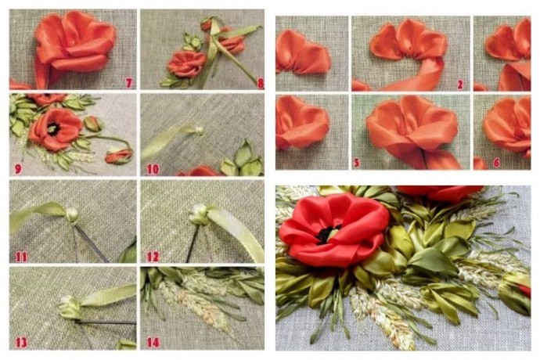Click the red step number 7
point(128,83)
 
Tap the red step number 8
point(261,84)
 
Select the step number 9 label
point(18,169)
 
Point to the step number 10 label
point(153,169)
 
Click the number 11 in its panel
point(21,257)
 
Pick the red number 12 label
point(153,257)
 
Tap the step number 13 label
point(21,343)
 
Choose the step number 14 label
point(153,343)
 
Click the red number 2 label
point(460,85)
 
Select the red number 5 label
point(357,163)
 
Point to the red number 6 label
point(496,163)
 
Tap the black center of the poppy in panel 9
point(53,129)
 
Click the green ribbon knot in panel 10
point(199,131)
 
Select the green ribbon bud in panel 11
point(72,215)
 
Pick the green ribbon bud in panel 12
point(199,216)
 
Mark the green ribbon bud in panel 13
point(71,307)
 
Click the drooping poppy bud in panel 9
point(119,156)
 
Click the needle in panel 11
point(91,243)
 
